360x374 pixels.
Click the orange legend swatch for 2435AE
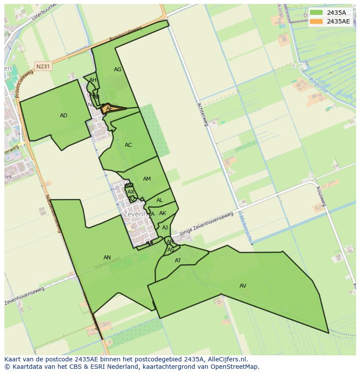click(316, 21)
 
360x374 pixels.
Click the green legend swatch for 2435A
click(316, 13)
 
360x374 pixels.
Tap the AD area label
click(63, 116)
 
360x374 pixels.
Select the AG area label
click(117, 70)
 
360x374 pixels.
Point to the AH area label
click(93, 80)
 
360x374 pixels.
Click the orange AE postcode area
click(110, 109)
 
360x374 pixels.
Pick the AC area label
click(128, 145)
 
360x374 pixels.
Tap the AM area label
click(147, 179)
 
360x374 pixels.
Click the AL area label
click(160, 200)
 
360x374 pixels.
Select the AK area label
click(163, 213)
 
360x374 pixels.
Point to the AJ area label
click(165, 228)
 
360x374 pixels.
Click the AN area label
click(107, 258)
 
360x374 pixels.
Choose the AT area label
click(178, 261)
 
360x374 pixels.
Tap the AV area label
click(243, 286)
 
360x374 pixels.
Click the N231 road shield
click(43, 66)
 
